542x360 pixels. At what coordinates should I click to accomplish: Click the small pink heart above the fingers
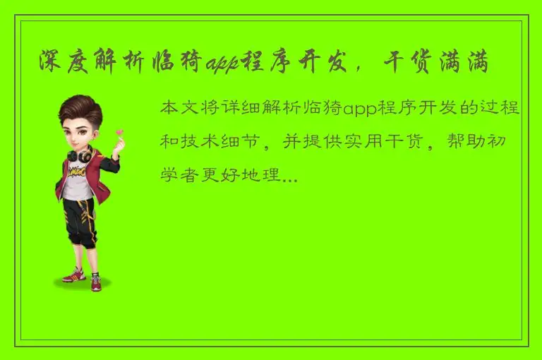click(120, 131)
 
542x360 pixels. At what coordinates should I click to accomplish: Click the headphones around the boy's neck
click(78, 155)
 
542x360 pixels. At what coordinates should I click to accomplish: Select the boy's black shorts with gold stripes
click(79, 220)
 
